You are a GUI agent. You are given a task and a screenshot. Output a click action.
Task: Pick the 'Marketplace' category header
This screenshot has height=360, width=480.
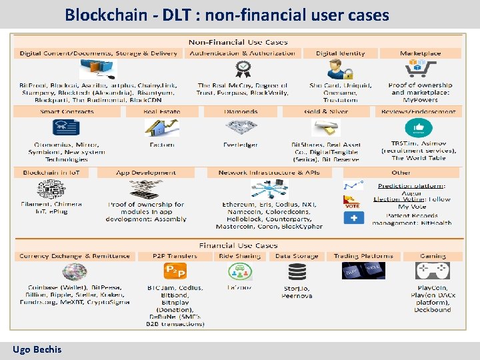(x=420, y=53)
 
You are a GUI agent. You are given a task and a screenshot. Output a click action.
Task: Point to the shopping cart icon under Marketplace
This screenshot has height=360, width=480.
(x=421, y=69)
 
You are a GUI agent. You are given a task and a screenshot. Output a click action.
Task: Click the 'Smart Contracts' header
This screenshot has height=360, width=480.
(x=67, y=112)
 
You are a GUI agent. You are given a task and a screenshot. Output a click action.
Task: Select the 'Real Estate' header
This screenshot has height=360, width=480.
(x=161, y=112)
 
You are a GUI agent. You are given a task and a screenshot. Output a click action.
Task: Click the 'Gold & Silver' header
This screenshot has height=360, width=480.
(x=325, y=112)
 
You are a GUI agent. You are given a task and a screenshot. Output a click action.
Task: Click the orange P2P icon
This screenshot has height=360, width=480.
(x=174, y=271)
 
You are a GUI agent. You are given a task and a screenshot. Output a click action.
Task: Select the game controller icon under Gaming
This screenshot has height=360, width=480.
(x=433, y=271)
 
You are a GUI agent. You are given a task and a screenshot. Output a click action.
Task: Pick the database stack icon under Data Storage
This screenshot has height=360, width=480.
(x=296, y=272)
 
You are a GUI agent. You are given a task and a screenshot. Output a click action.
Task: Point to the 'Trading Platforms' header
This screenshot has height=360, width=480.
(x=363, y=256)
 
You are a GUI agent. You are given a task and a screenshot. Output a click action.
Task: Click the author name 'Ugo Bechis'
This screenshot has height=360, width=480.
(x=37, y=349)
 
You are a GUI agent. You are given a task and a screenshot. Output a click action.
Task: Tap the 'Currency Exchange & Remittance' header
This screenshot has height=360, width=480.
(x=75, y=256)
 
